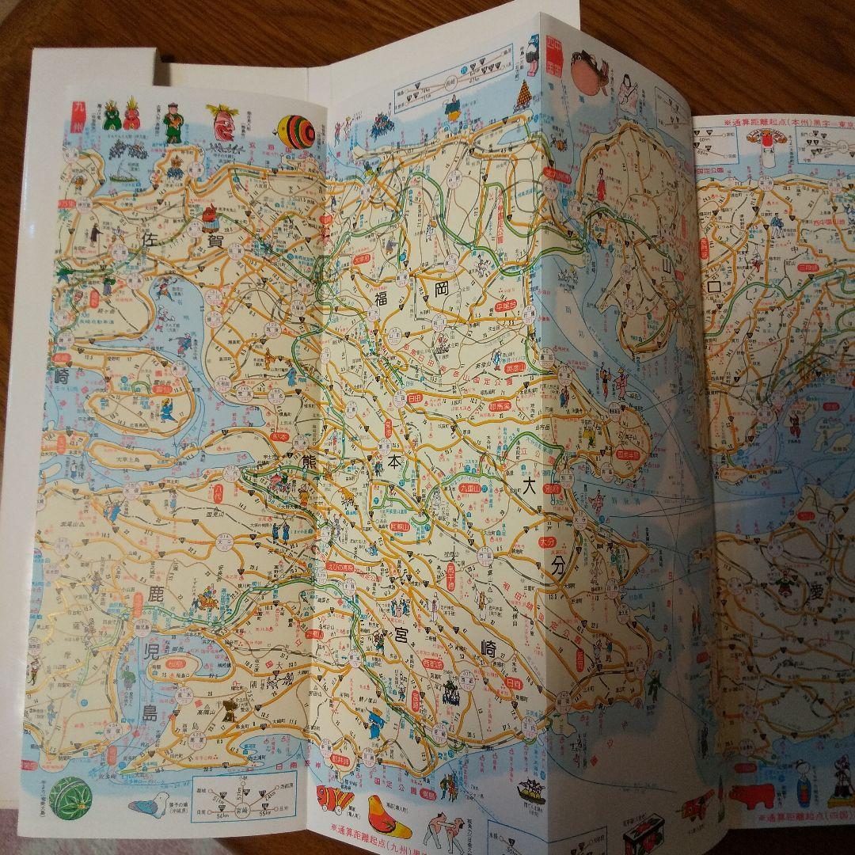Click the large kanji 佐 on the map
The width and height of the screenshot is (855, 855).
[149, 238]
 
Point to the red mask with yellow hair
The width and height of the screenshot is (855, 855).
[223, 123]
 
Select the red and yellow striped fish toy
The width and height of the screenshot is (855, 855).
[334, 800]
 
